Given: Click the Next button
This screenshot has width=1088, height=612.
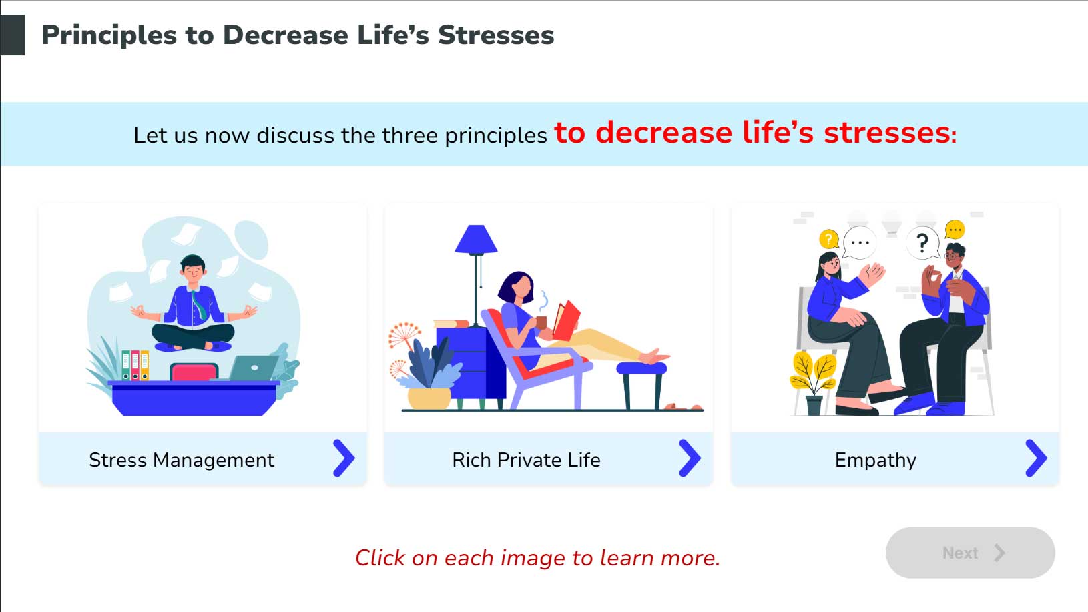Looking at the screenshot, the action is point(970,552).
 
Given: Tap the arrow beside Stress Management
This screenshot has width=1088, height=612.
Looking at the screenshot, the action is point(344,458).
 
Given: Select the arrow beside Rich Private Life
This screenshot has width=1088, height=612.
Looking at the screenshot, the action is point(690,458).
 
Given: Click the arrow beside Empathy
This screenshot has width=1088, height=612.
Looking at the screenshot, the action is point(1036,458).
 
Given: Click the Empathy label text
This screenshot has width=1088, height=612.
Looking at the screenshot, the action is point(875,460).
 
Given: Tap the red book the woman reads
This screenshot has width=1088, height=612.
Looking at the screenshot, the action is point(567,320).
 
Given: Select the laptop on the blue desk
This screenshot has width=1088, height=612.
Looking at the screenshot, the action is point(254,368).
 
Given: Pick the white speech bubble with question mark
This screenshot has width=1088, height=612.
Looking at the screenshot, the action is point(923,243).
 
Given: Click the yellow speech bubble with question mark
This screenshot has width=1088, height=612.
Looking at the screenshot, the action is point(828,239).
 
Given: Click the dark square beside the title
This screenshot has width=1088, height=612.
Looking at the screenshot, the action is point(13,35).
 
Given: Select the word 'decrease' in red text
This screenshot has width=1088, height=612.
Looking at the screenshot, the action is point(663,133).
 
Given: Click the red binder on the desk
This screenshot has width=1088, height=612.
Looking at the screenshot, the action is point(135,365).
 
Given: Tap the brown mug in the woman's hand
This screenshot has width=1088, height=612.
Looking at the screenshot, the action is point(541,322).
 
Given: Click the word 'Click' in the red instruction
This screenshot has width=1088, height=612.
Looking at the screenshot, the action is point(380,557).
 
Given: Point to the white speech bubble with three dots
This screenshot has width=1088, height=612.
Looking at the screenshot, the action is point(860,243).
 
